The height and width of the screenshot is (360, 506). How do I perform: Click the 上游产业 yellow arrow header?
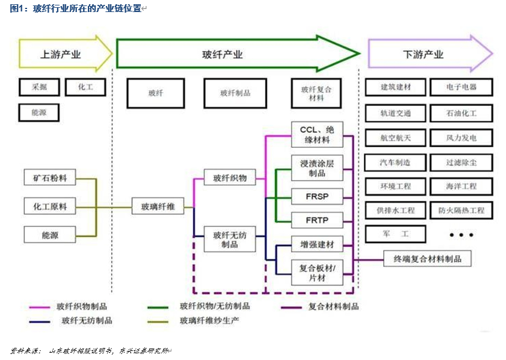coord(63,54)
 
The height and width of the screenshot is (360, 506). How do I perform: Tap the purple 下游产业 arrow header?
coord(424,54)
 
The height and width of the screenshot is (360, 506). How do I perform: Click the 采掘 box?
coord(39,87)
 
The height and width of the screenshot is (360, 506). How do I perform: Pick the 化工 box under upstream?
coord(85,87)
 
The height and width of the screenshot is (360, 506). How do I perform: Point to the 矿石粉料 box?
coord(50,179)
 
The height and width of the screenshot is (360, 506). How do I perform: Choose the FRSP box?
coord(317,196)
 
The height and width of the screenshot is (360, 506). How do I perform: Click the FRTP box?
coord(317,220)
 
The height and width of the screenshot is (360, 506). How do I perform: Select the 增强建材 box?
coord(317,245)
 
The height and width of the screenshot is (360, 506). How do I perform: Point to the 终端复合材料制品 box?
coord(427,259)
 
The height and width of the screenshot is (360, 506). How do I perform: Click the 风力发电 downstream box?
coord(461,138)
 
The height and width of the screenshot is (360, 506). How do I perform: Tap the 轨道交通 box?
coord(395,113)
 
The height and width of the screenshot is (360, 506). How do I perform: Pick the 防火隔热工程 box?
coord(461,211)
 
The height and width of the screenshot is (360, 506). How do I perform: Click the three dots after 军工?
coord(461,234)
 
